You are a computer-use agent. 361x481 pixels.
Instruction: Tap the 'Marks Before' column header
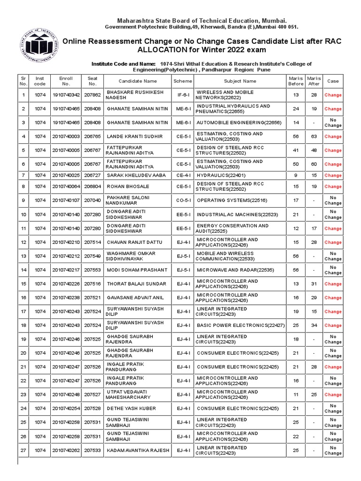[296, 81]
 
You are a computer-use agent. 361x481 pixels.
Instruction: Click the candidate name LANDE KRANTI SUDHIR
[135, 137]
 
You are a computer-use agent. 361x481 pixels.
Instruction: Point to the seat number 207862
[93, 95]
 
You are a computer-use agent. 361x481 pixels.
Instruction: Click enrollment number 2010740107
[66, 200]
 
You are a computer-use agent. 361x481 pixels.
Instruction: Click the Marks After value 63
[314, 137]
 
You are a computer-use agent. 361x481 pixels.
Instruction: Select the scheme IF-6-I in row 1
[183, 95]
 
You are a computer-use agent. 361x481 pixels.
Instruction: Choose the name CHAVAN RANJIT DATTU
[135, 242]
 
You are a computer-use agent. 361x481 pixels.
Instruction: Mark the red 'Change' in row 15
[333, 284]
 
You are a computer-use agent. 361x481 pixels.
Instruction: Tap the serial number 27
[23, 450]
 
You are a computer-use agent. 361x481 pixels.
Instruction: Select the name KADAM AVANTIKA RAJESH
[138, 450]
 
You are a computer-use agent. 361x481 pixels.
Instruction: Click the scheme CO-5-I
[183, 200]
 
